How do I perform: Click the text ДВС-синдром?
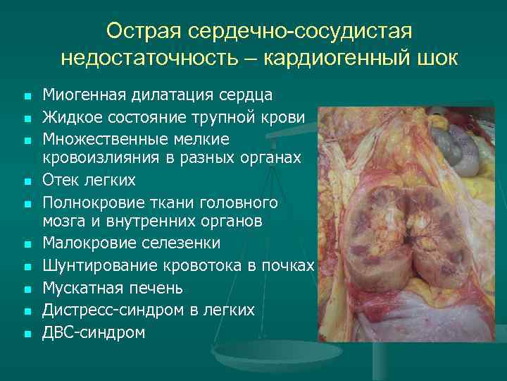click(93, 332)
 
